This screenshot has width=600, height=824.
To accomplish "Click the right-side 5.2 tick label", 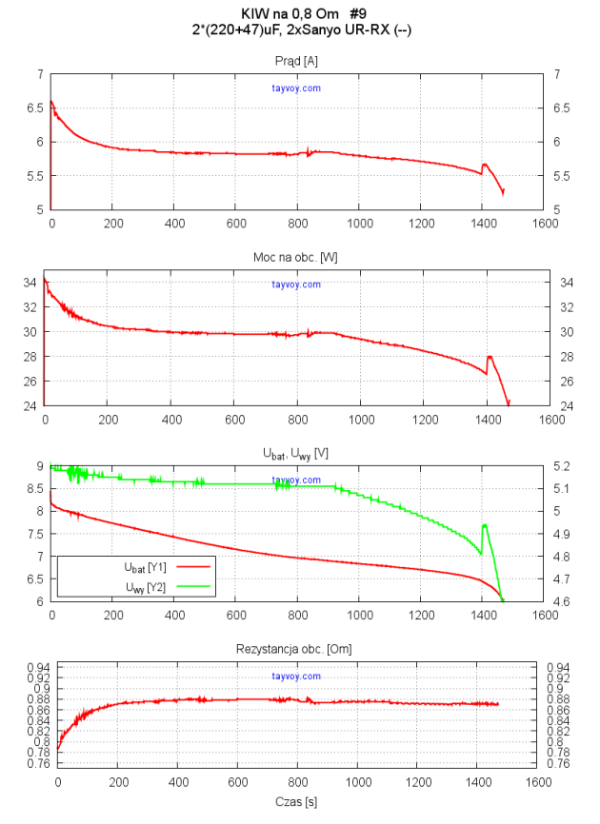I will (563, 466).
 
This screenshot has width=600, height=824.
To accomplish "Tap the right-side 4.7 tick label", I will (563, 579).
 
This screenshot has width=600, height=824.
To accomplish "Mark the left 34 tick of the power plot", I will (30, 283).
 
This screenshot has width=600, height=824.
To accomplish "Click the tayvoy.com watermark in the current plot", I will (295, 88).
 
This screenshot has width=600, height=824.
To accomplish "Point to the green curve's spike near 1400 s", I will (485, 525).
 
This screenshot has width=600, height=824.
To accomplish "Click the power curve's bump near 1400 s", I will (490, 357).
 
